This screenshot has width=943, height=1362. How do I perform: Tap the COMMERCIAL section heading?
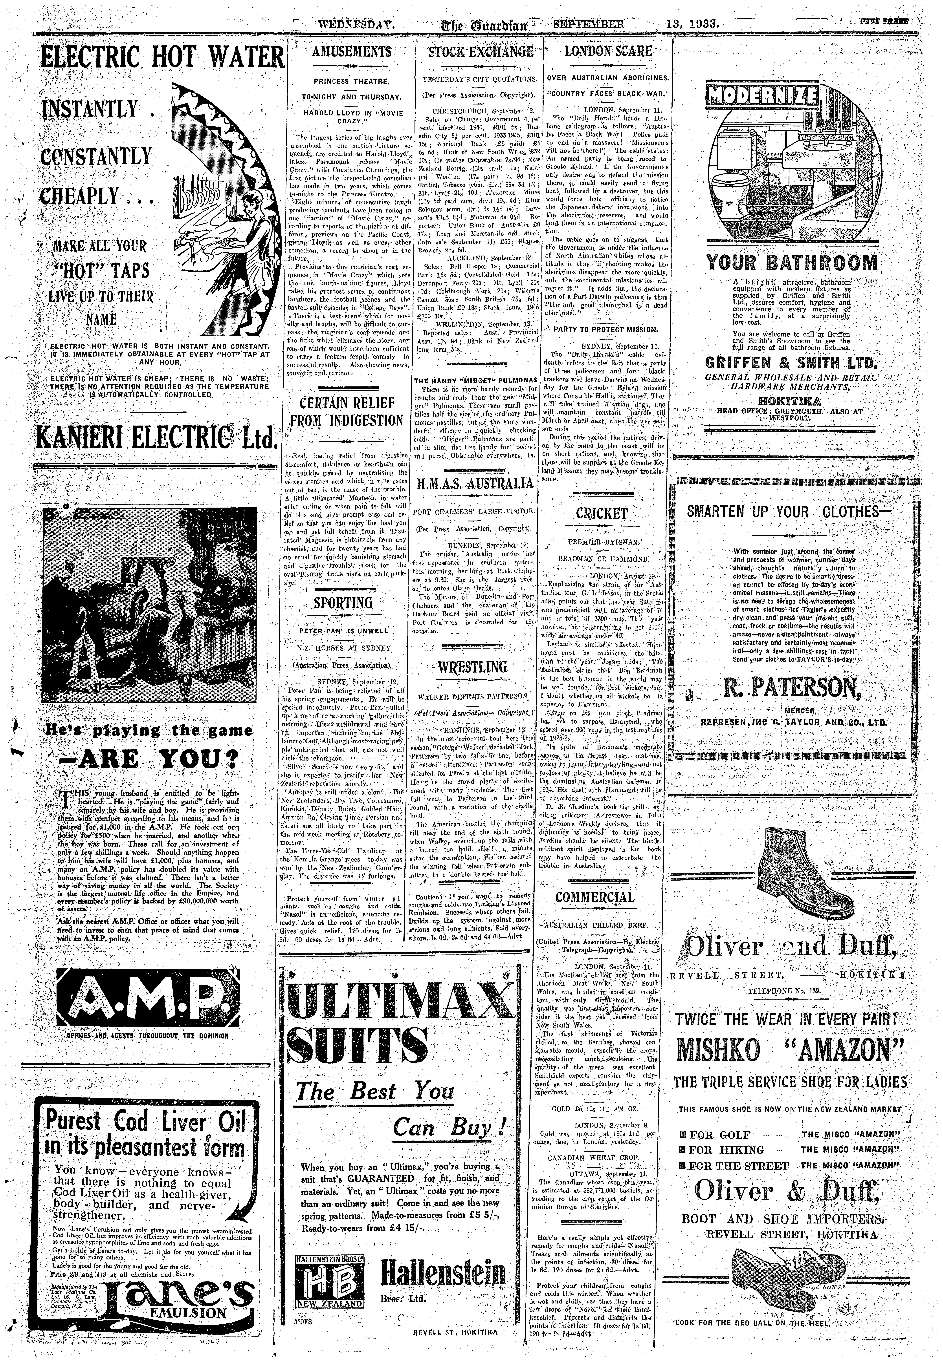coord(595,897)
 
